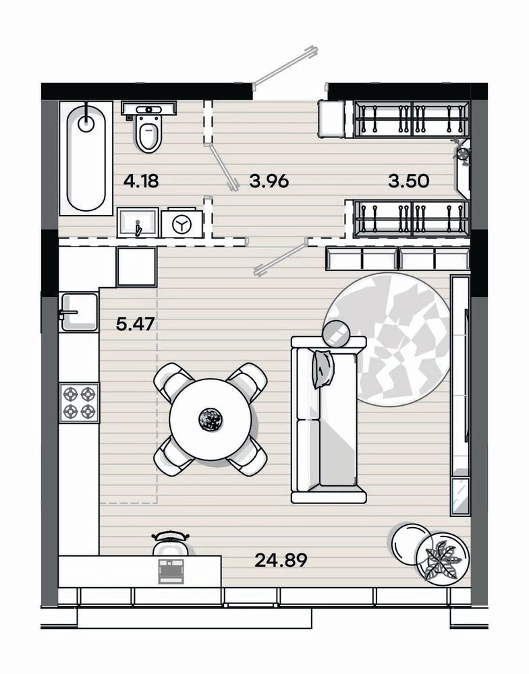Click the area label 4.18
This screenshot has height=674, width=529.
(x=141, y=181)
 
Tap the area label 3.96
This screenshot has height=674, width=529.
(x=269, y=181)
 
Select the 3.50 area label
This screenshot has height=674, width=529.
(x=408, y=181)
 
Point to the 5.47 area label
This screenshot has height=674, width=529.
(x=135, y=324)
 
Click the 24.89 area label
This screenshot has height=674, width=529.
(x=281, y=560)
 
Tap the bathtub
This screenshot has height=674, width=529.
(x=86, y=158)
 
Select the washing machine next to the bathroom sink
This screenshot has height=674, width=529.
(x=182, y=223)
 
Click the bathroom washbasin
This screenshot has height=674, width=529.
(x=137, y=222)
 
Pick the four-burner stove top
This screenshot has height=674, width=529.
(x=80, y=402)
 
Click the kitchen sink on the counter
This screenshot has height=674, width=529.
(x=79, y=312)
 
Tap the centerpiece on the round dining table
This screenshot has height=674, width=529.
(x=211, y=419)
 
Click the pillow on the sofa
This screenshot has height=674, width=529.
(x=324, y=369)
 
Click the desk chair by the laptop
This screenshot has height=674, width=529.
(x=171, y=543)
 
